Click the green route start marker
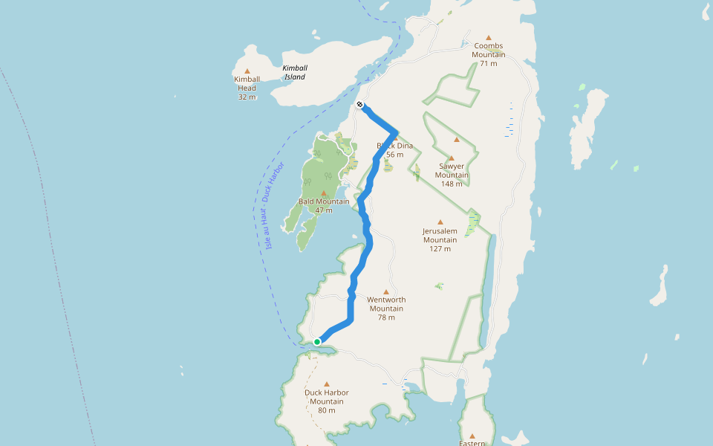point(317,342)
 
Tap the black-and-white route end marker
point(359,105)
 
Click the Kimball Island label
point(295,72)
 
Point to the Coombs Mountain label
point(489,50)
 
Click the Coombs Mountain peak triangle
point(489,37)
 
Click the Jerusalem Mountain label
point(440,235)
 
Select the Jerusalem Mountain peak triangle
point(440,222)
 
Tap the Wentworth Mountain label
point(386,304)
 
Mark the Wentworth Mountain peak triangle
point(386,291)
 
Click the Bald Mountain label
point(324,201)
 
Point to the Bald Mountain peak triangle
point(323,193)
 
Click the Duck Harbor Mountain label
point(327,397)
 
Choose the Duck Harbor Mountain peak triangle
point(327,384)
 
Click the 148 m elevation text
point(451,184)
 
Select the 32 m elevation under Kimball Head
point(247,97)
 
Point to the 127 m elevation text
point(440,249)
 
